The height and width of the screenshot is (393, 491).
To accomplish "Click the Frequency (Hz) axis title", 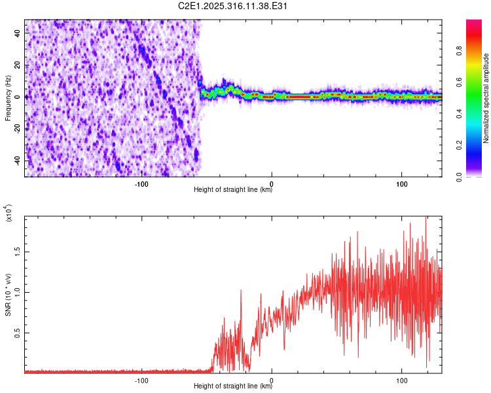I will (x=8, y=98).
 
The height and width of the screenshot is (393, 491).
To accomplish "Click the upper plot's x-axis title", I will (x=233, y=190).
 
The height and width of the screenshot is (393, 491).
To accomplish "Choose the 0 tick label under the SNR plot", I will (x=272, y=379).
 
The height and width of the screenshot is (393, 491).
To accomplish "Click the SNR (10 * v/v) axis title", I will (x=8, y=295).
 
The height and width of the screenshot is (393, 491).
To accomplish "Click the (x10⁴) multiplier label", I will (x=9, y=214).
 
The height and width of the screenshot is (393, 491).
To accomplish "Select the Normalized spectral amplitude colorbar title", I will (x=486, y=98).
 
